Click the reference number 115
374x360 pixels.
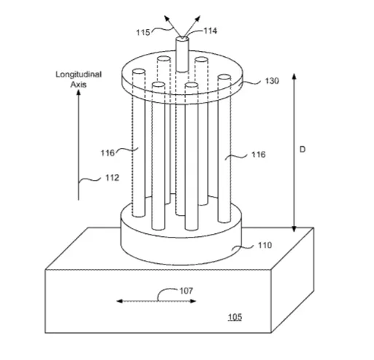click(x=143, y=32)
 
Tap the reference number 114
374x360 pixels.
click(x=210, y=31)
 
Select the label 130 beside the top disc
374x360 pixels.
click(x=272, y=81)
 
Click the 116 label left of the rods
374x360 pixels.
click(x=107, y=153)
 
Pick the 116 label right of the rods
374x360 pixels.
click(x=258, y=154)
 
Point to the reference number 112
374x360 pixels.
click(x=112, y=178)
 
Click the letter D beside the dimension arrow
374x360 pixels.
click(x=303, y=149)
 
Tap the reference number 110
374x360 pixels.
click(x=265, y=246)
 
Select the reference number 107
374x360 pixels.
click(x=186, y=291)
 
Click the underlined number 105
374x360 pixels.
click(x=235, y=317)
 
